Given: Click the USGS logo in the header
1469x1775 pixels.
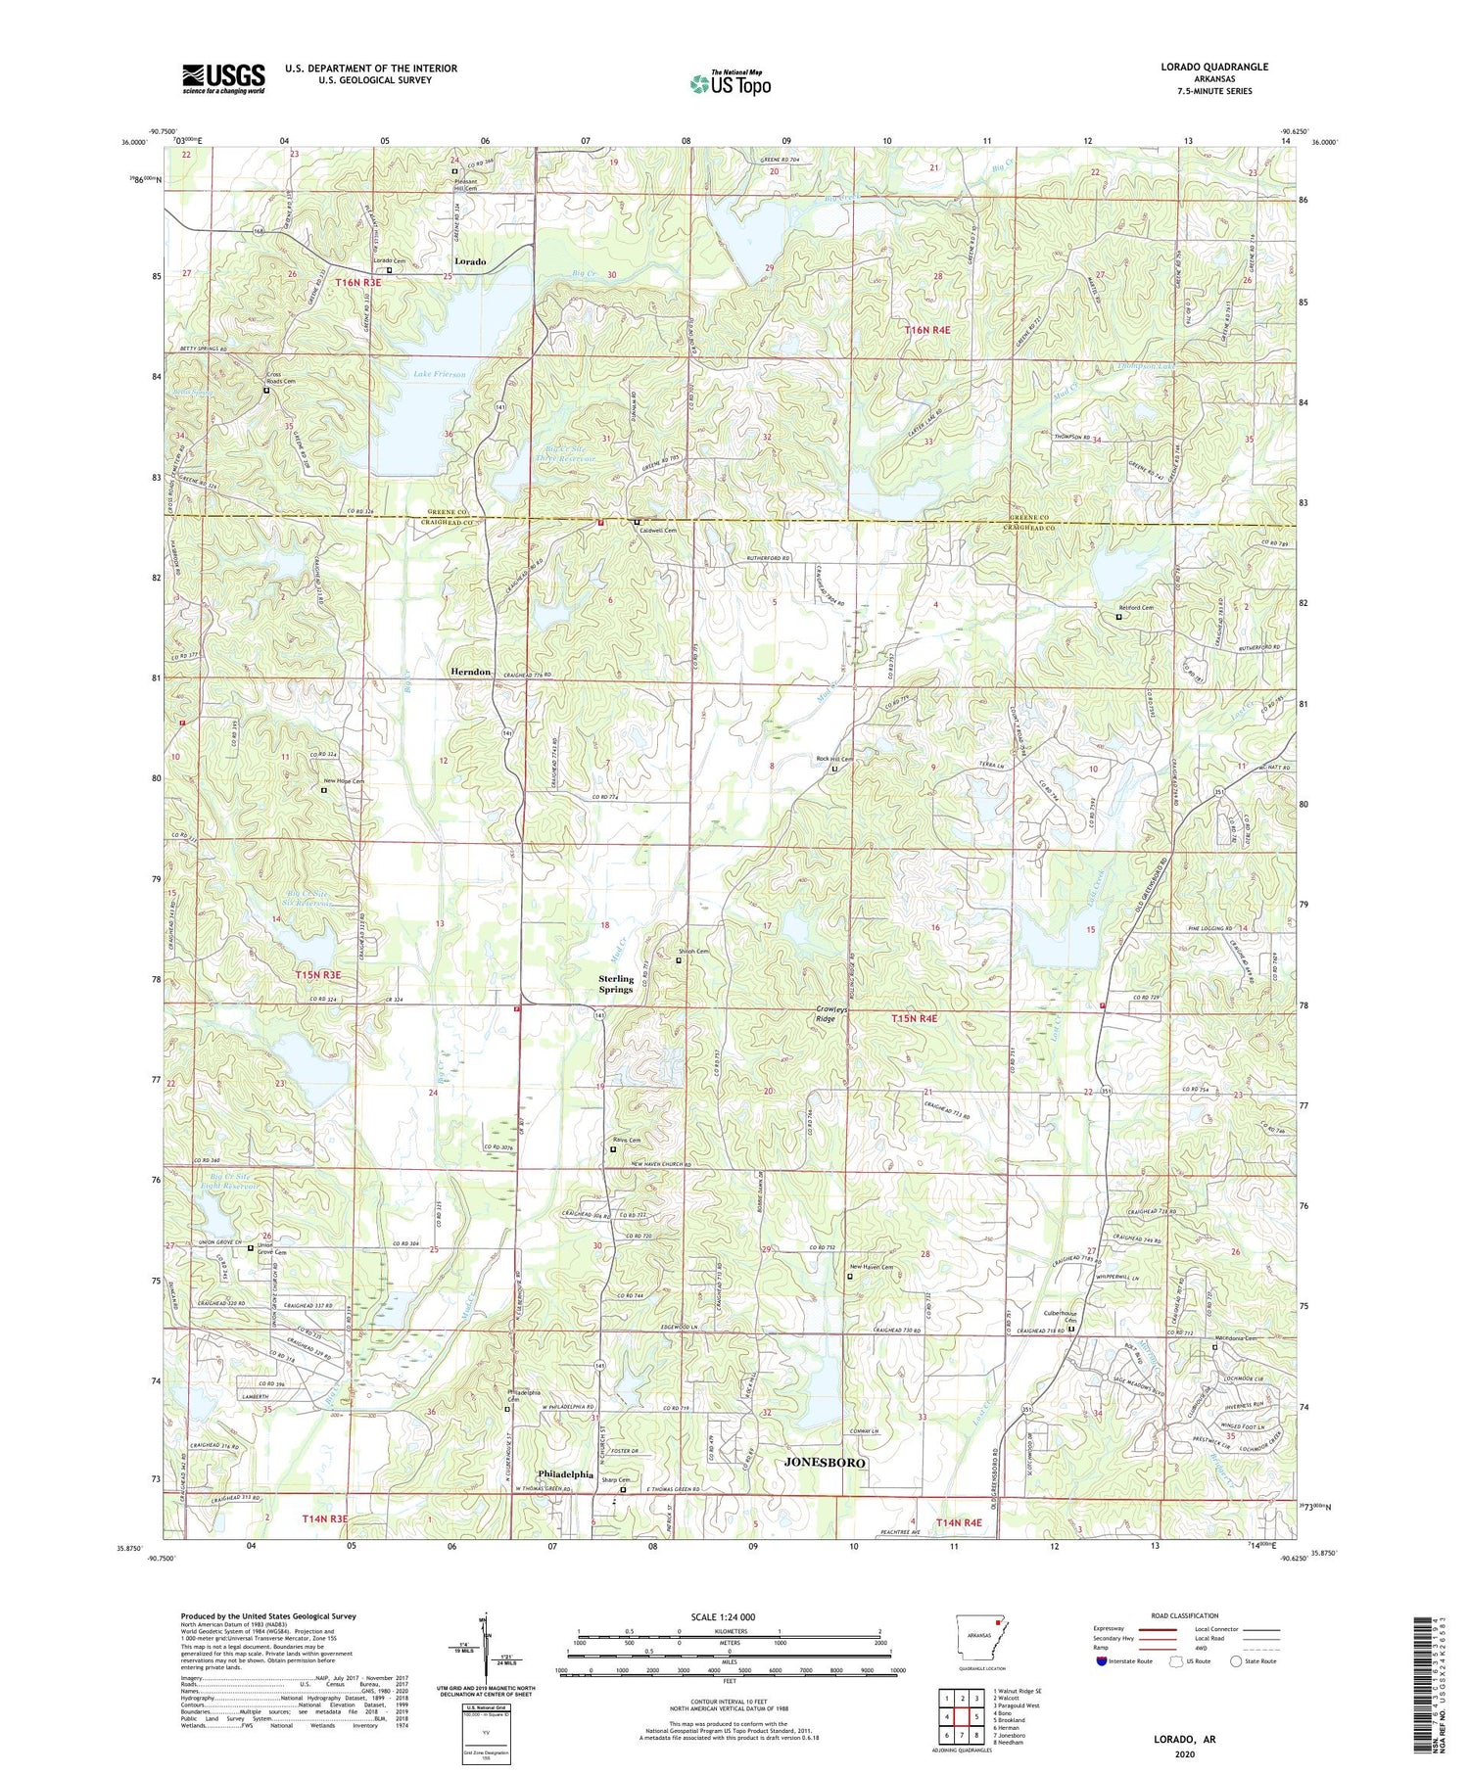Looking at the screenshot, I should (223, 78).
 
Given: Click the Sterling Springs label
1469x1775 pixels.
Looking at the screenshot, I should (616, 984).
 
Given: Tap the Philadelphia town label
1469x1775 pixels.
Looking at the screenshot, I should (565, 1474).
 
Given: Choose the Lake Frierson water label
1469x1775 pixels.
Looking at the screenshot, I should (439, 374).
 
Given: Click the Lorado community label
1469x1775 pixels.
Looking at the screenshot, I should (470, 261).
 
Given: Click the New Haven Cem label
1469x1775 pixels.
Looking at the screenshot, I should (871, 1268).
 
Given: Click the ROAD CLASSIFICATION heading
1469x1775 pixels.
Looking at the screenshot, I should (1185, 1615).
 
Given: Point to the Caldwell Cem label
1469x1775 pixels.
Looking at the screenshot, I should (659, 531).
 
